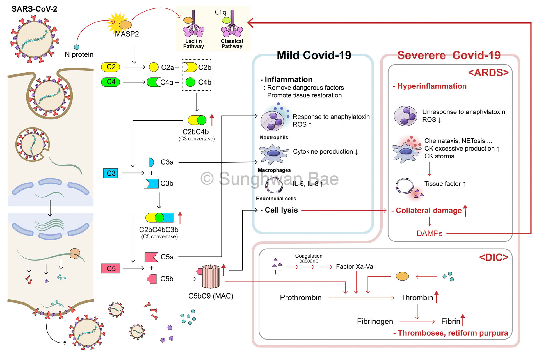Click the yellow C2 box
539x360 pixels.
(111, 67)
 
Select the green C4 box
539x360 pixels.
(111, 82)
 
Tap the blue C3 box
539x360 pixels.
(111, 173)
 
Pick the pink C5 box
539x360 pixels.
(111, 268)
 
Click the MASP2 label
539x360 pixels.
(127, 34)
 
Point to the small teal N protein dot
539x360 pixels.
(77, 47)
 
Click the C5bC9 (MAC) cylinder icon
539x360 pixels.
(211, 277)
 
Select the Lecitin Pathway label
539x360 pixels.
(193, 44)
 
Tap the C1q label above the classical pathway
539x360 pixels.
(220, 12)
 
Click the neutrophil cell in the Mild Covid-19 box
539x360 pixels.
(272, 121)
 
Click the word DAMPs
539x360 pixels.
(429, 233)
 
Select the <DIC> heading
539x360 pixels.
(494, 257)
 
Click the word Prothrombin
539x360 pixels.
(301, 298)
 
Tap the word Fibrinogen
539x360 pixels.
(375, 322)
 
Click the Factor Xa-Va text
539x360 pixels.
(354, 266)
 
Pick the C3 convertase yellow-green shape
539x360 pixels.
(197, 120)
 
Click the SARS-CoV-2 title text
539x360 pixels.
(34, 9)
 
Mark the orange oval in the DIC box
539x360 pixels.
(402, 276)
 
